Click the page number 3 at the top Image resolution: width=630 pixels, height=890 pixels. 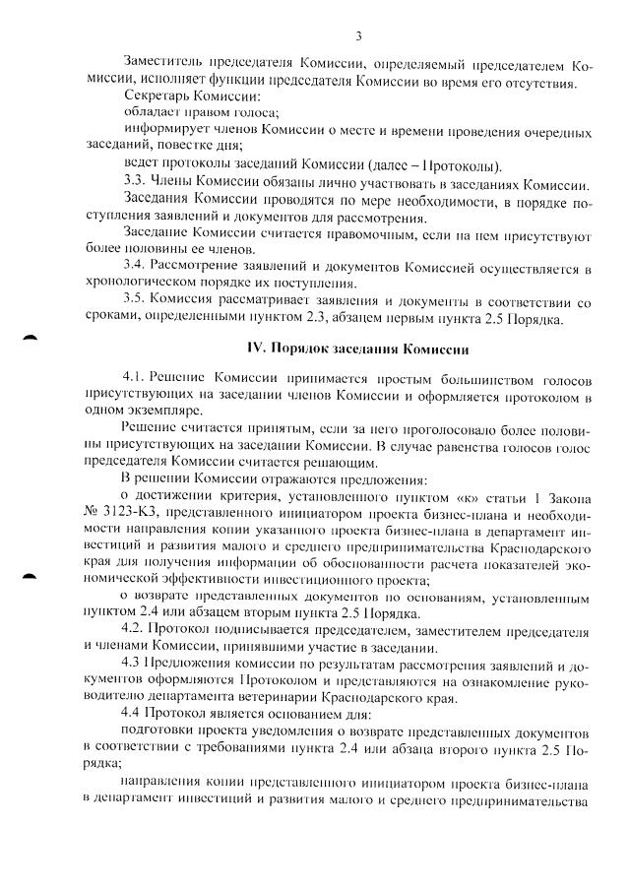point(359,36)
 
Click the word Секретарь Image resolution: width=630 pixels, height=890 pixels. point(155,97)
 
